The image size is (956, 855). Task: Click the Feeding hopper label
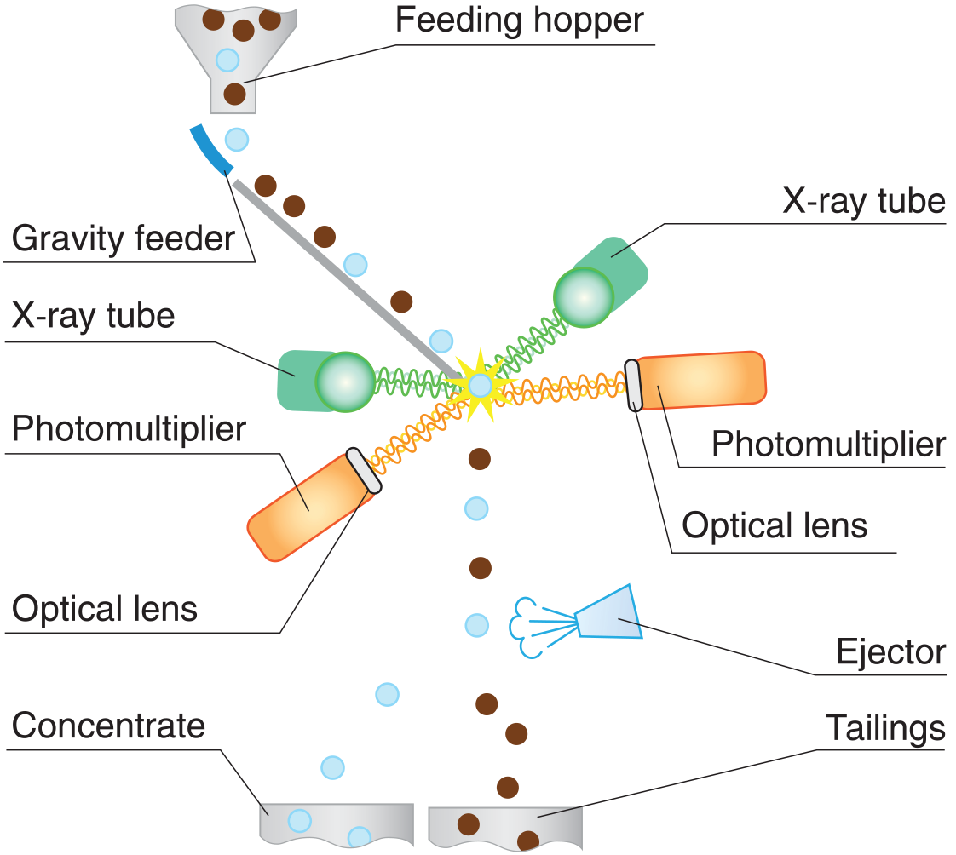click(519, 20)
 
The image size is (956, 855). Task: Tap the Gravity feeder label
click(123, 238)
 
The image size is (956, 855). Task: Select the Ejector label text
click(890, 651)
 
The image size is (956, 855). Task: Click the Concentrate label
click(109, 726)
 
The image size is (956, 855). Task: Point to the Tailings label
click(885, 728)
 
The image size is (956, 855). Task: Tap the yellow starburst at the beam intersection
click(481, 385)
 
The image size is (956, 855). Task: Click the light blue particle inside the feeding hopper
click(227, 60)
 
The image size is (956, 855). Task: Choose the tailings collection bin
click(504, 825)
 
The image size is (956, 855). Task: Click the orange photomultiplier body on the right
click(702, 381)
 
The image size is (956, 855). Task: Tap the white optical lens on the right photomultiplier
click(633, 386)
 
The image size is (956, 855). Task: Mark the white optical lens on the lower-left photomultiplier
click(364, 471)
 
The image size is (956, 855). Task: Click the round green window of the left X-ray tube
click(344, 382)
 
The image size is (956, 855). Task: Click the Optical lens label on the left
click(105, 610)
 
